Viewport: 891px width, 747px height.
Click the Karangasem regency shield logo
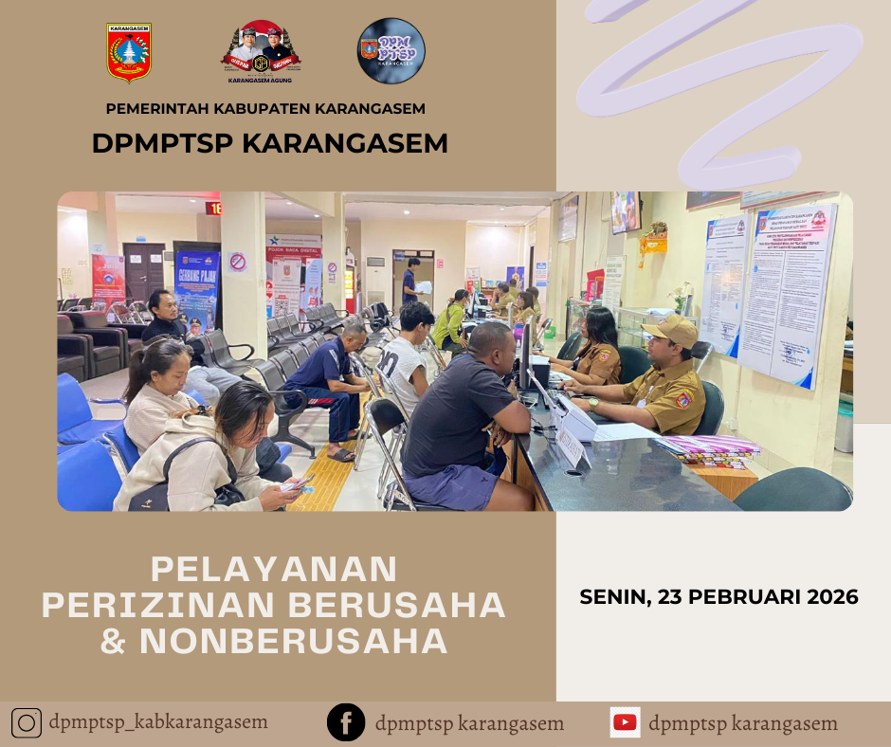[x=130, y=53]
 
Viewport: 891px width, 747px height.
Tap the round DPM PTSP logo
[x=391, y=51]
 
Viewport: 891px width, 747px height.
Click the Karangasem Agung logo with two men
[x=261, y=52]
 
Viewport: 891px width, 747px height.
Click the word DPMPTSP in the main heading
[x=163, y=143]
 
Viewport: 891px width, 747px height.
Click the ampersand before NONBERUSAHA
[x=114, y=642]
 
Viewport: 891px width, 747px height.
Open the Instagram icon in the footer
[x=27, y=723]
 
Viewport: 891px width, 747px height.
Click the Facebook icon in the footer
[x=346, y=723]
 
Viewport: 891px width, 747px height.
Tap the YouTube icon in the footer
[x=625, y=723]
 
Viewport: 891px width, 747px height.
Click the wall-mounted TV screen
[x=625, y=212]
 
